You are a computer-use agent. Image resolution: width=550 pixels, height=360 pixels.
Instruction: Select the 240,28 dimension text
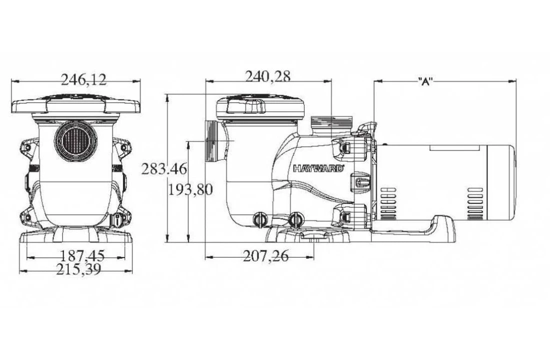coord(267,76)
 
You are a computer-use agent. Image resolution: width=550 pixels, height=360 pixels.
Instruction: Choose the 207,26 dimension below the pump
coord(266,256)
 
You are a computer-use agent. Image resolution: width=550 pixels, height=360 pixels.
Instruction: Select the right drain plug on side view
coord(296,219)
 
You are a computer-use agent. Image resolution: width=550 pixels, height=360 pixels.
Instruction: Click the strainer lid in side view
coord(260,106)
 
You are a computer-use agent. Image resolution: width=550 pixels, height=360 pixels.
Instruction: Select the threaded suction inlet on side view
coord(211,141)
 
